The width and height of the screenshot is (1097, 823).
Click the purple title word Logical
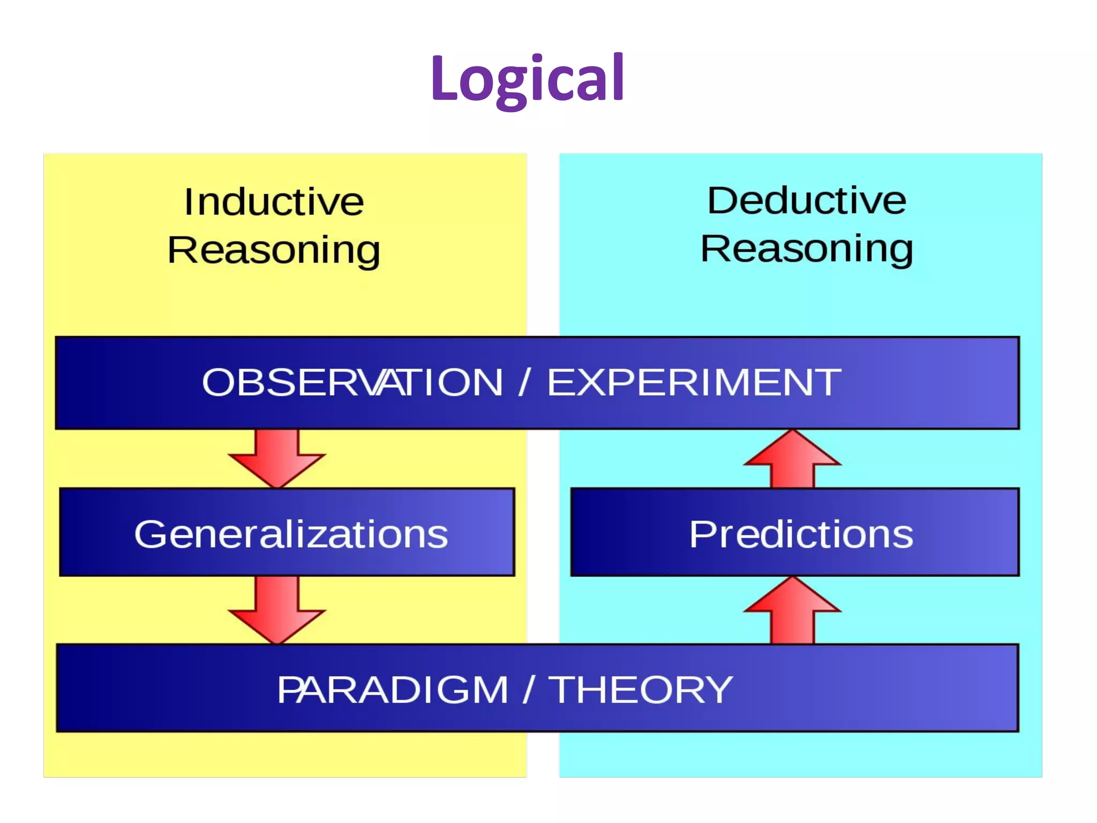point(528,79)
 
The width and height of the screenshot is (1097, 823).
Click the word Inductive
point(274,202)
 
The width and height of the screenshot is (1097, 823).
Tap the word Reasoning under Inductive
point(274,250)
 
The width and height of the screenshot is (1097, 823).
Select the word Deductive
point(807,200)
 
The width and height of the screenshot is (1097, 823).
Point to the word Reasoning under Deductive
point(807,249)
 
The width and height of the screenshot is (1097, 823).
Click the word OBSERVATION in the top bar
point(352,383)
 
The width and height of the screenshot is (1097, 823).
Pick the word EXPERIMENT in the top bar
point(694,383)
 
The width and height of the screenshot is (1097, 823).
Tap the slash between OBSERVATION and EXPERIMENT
point(524,383)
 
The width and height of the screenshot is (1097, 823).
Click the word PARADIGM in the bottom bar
point(393,690)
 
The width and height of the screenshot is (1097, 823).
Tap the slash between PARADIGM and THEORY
point(529,690)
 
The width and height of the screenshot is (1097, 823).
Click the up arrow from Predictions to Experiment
point(792,460)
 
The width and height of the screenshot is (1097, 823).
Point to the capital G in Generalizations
point(152,534)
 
